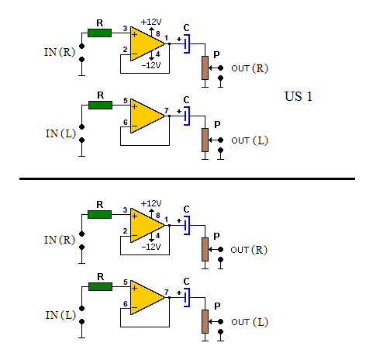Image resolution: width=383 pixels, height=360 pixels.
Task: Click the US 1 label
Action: tap(298, 96)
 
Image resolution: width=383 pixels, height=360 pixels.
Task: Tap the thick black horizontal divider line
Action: tap(187, 178)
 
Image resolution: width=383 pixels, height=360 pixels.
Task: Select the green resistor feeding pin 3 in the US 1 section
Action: tap(100, 33)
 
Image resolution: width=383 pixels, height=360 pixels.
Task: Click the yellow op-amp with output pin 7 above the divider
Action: tap(147, 116)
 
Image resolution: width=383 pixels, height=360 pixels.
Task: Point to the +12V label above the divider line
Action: tap(151, 22)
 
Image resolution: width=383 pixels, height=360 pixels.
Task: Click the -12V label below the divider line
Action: tap(151, 247)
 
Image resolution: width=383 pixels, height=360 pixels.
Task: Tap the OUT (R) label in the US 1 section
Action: tap(250, 68)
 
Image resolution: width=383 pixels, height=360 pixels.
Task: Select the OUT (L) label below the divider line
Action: tap(250, 322)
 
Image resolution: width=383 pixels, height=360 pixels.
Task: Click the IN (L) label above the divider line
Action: tap(60, 133)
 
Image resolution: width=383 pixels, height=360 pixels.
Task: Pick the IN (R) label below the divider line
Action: tap(60, 240)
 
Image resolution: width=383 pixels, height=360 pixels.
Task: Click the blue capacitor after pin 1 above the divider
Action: tap(187, 43)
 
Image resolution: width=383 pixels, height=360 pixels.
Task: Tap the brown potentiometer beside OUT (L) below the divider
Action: tap(205, 321)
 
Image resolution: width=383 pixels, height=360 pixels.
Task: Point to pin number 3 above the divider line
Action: tap(125, 29)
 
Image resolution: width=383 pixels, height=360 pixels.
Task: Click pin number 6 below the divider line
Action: tap(126, 304)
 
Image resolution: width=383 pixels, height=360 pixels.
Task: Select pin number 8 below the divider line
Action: tap(158, 216)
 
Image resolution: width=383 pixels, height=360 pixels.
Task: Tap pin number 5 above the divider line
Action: tap(126, 101)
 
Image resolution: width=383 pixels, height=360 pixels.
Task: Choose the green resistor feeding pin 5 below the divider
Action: tap(101, 286)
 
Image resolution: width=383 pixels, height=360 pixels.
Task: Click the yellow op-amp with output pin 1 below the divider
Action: tap(147, 226)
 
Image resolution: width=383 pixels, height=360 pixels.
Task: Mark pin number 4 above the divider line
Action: tap(157, 54)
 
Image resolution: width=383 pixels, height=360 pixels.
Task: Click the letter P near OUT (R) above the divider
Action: tap(216, 55)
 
